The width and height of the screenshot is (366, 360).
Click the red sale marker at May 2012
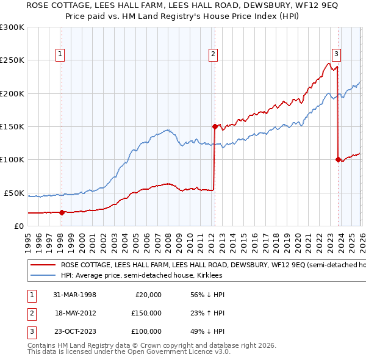click(x=214, y=127)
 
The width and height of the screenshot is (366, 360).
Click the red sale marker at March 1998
click(x=62, y=212)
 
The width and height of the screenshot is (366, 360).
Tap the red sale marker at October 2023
click(x=337, y=160)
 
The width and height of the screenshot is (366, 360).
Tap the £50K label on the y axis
click(x=13, y=193)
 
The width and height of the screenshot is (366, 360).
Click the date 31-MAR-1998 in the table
click(x=74, y=295)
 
